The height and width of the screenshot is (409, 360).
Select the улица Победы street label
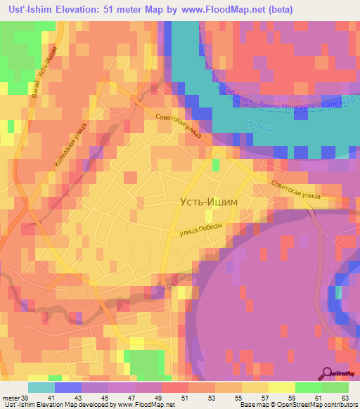(202, 230)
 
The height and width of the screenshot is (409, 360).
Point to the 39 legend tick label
(26, 399)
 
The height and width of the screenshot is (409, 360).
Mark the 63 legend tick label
(345, 399)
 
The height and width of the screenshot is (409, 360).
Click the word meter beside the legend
(11, 399)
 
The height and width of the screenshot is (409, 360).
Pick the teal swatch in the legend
(41, 387)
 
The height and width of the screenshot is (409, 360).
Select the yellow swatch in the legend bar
(281, 387)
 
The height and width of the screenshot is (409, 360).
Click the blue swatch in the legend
(68, 387)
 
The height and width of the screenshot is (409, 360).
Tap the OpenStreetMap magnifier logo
(327, 373)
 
